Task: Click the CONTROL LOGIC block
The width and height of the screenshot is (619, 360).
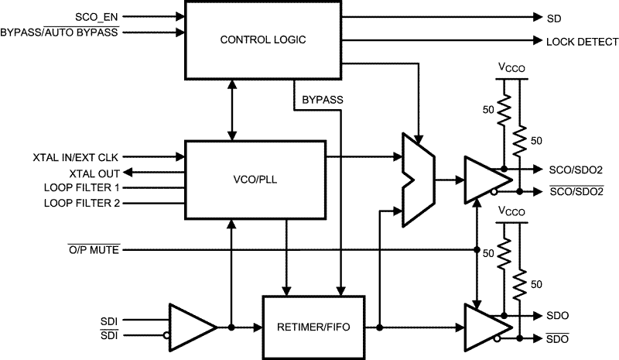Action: click(x=263, y=40)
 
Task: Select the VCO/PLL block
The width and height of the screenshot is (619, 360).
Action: click(x=255, y=180)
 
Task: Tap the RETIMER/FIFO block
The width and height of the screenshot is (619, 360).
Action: click(x=313, y=327)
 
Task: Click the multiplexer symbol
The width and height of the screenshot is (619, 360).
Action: click(x=419, y=180)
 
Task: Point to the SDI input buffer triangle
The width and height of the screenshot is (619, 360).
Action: click(x=193, y=327)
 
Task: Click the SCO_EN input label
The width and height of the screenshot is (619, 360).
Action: click(x=96, y=17)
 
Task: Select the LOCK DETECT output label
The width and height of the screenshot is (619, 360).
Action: click(x=583, y=42)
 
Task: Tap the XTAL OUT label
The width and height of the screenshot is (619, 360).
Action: click(x=94, y=174)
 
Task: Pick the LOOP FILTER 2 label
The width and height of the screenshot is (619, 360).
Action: click(x=82, y=203)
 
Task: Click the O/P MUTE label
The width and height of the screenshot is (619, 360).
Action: click(x=94, y=250)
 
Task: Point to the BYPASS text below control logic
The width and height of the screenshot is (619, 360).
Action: click(x=323, y=100)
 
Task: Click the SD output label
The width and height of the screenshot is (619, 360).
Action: click(x=554, y=19)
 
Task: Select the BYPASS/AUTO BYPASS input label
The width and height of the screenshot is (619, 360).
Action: click(x=60, y=32)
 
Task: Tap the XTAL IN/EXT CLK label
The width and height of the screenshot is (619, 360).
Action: click(x=75, y=158)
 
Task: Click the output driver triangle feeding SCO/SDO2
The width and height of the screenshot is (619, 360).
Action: click(x=488, y=180)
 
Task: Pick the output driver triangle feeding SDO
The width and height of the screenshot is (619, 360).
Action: click(x=488, y=327)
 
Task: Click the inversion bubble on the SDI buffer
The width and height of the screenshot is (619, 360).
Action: click(x=166, y=335)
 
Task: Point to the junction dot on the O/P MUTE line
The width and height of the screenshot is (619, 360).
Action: click(x=477, y=250)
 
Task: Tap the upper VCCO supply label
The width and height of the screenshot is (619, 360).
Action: click(x=511, y=67)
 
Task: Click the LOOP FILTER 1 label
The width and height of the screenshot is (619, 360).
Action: click(x=82, y=187)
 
